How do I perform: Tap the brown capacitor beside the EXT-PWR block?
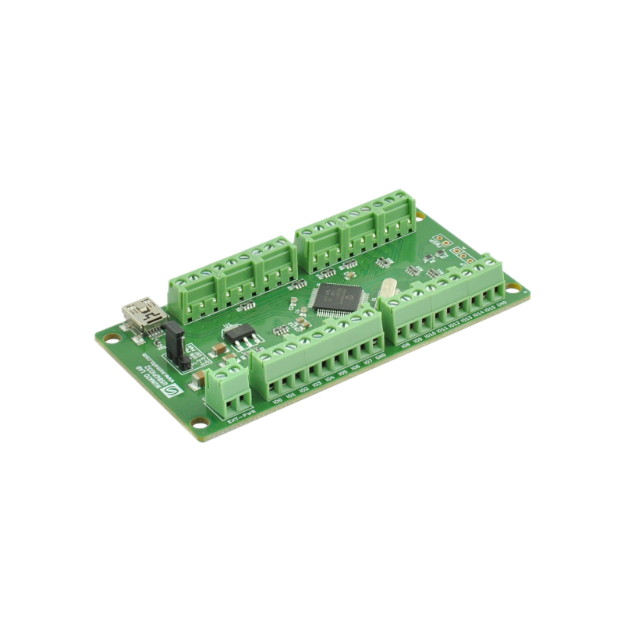[x=200, y=379]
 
